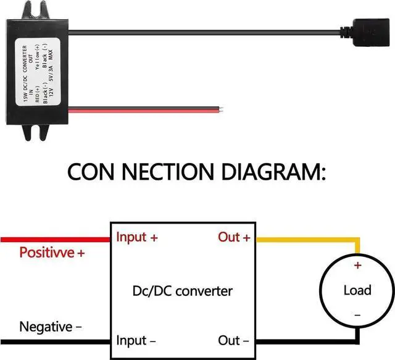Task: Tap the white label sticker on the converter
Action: pyautogui.click(x=38, y=72)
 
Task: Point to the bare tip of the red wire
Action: pyautogui.click(x=221, y=110)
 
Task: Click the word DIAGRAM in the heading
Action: pyautogui.click(x=273, y=172)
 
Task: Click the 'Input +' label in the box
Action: pyautogui.click(x=137, y=237)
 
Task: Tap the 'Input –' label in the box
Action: pyautogui.click(x=136, y=341)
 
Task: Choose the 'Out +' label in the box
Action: pyautogui.click(x=235, y=237)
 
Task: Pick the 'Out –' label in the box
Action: pyautogui.click(x=233, y=341)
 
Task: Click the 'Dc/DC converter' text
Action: pyautogui.click(x=183, y=291)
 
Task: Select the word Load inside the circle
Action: pyautogui.click(x=357, y=290)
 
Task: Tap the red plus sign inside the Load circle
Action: pyautogui.click(x=358, y=265)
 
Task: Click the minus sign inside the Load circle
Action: pyautogui.click(x=357, y=315)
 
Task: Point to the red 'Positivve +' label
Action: pyautogui.click(x=52, y=253)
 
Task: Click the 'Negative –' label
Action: pyautogui.click(x=51, y=327)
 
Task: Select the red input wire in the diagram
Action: pyautogui.click(x=56, y=240)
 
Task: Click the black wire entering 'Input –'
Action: pyautogui.click(x=56, y=342)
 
